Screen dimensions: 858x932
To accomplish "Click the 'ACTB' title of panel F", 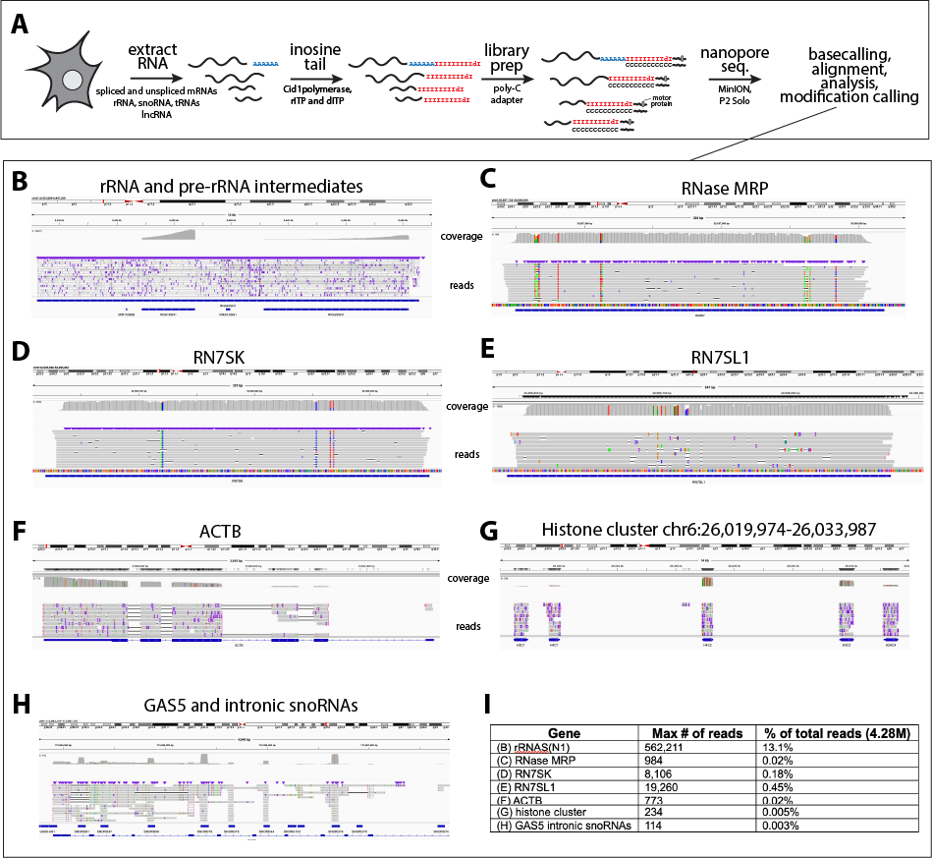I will pos(224,533).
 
